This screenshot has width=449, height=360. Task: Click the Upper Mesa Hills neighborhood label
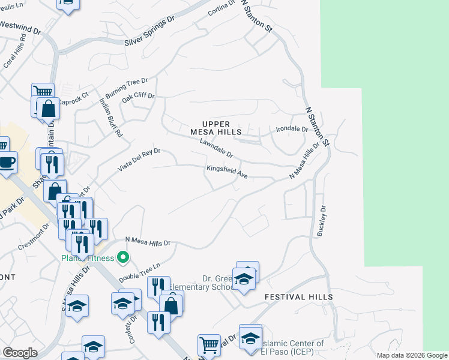215,128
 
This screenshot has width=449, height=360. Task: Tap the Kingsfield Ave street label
228,172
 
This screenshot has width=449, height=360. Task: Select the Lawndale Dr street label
216,149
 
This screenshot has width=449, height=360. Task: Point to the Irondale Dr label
292,129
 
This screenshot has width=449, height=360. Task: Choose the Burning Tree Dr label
127,89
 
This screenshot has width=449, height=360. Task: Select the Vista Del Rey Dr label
139,160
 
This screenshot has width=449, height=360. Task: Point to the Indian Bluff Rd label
110,117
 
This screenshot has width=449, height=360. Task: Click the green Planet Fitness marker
124,258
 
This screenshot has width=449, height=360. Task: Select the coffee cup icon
7,162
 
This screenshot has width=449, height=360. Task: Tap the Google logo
20,353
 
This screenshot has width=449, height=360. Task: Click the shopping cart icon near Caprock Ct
43,92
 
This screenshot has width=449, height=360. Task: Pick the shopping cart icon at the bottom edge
208,344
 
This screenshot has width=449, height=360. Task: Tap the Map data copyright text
411,355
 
